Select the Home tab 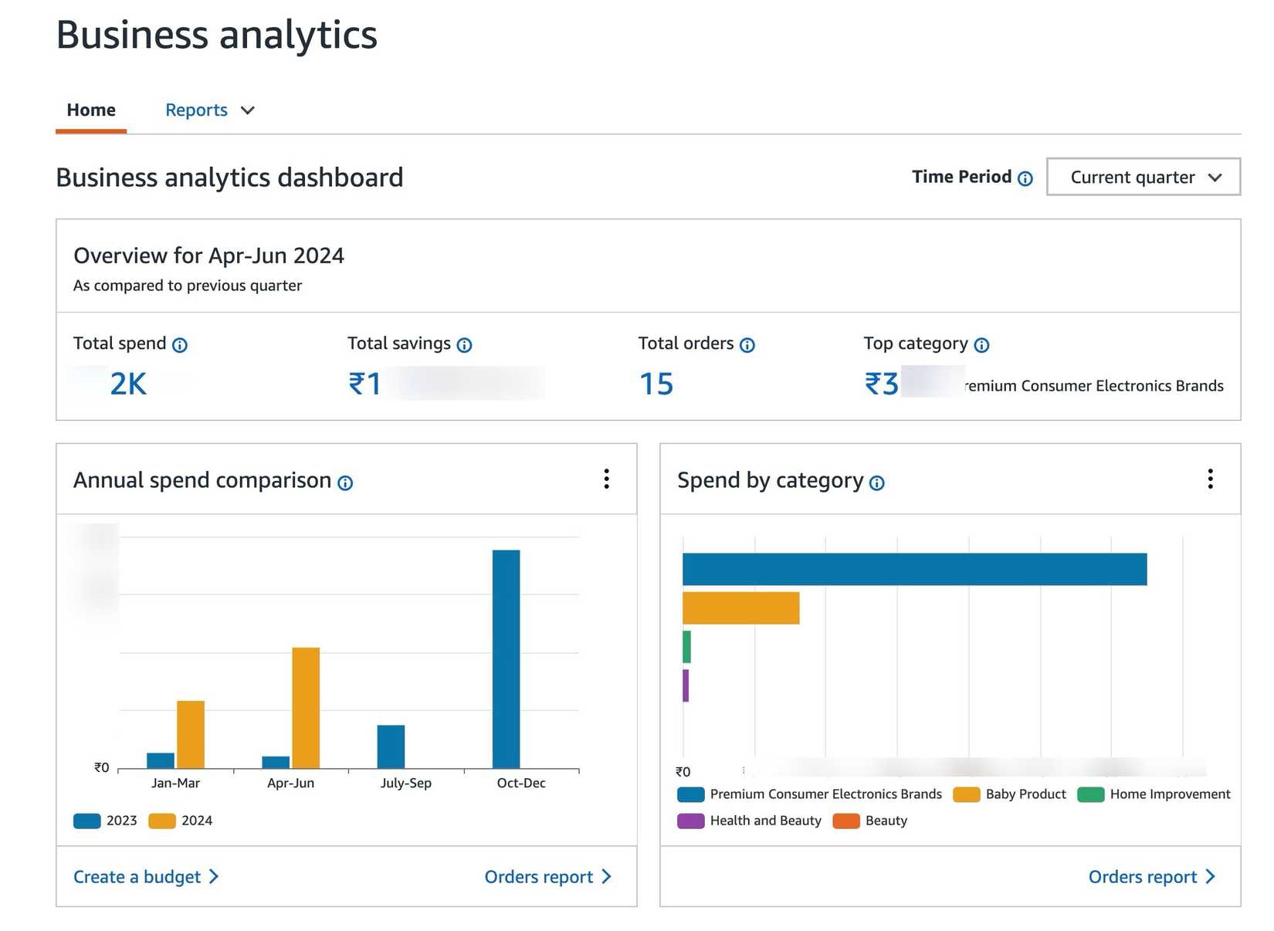[91, 110]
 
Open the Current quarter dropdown [1143, 178]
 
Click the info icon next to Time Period [1025, 179]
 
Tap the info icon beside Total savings [464, 345]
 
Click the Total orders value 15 [656, 384]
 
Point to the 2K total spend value [128, 384]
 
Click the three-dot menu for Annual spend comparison [607, 479]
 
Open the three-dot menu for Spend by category [1210, 479]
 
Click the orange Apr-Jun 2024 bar [306, 707]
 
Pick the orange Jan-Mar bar [191, 734]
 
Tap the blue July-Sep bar [391, 746]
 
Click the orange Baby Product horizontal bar [740, 608]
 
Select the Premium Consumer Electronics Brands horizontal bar [914, 570]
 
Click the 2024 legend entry [181, 821]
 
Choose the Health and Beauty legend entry [750, 821]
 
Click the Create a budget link [146, 877]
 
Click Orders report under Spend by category [1151, 877]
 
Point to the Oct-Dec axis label [521, 783]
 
